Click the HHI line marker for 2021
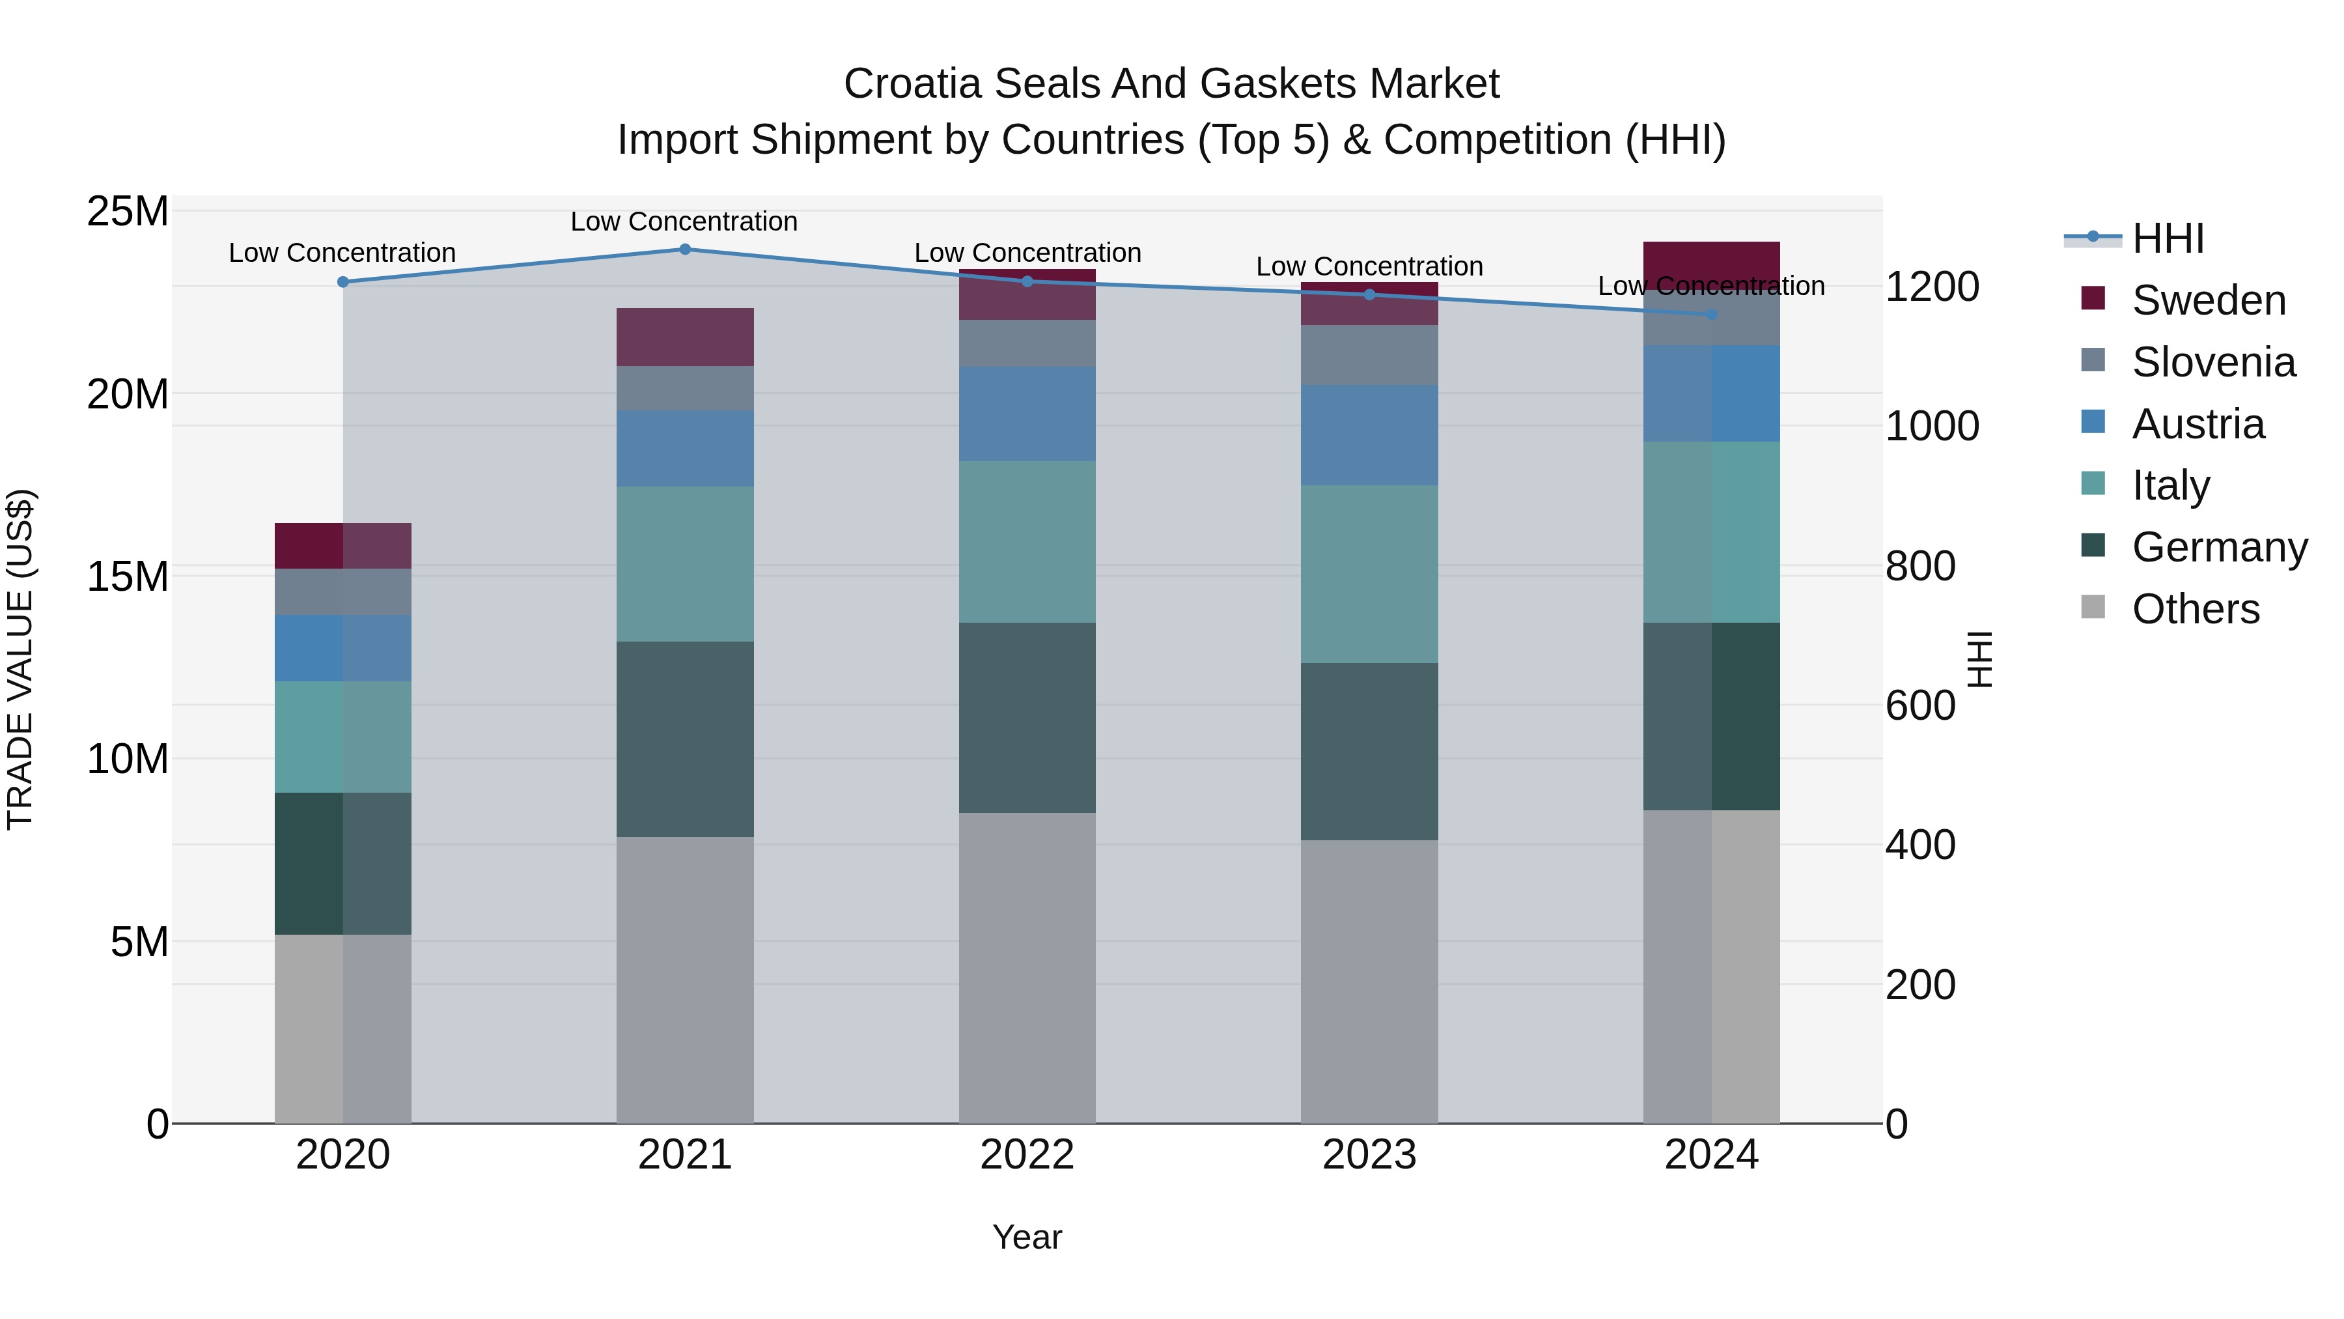685,249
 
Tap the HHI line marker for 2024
1712,314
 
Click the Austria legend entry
2197,424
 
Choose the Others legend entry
2195,609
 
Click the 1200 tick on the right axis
1932,287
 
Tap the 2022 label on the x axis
1027,1155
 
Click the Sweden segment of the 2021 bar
685,337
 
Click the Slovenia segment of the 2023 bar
1369,354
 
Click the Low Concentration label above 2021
684,221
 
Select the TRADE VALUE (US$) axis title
20,659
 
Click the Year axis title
1027,1237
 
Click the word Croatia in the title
913,84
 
